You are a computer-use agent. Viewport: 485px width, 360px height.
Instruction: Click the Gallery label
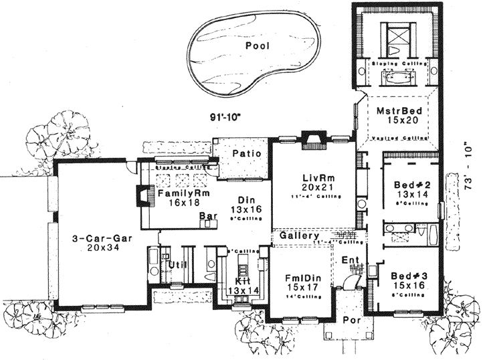(x=298, y=237)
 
